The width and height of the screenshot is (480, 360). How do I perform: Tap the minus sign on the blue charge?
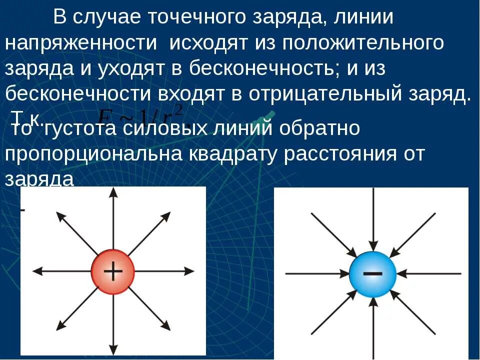[x=372, y=273]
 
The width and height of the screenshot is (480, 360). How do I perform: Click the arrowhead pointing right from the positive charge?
[x=190, y=270]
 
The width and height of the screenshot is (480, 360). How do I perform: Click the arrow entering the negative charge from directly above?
[x=373, y=220]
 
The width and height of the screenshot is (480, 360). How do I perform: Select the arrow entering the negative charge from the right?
[x=430, y=273]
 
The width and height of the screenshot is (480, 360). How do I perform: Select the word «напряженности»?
[x=81, y=43]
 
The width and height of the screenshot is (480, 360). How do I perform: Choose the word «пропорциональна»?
[x=93, y=154]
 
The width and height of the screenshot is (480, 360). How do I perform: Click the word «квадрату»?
[x=230, y=154]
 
